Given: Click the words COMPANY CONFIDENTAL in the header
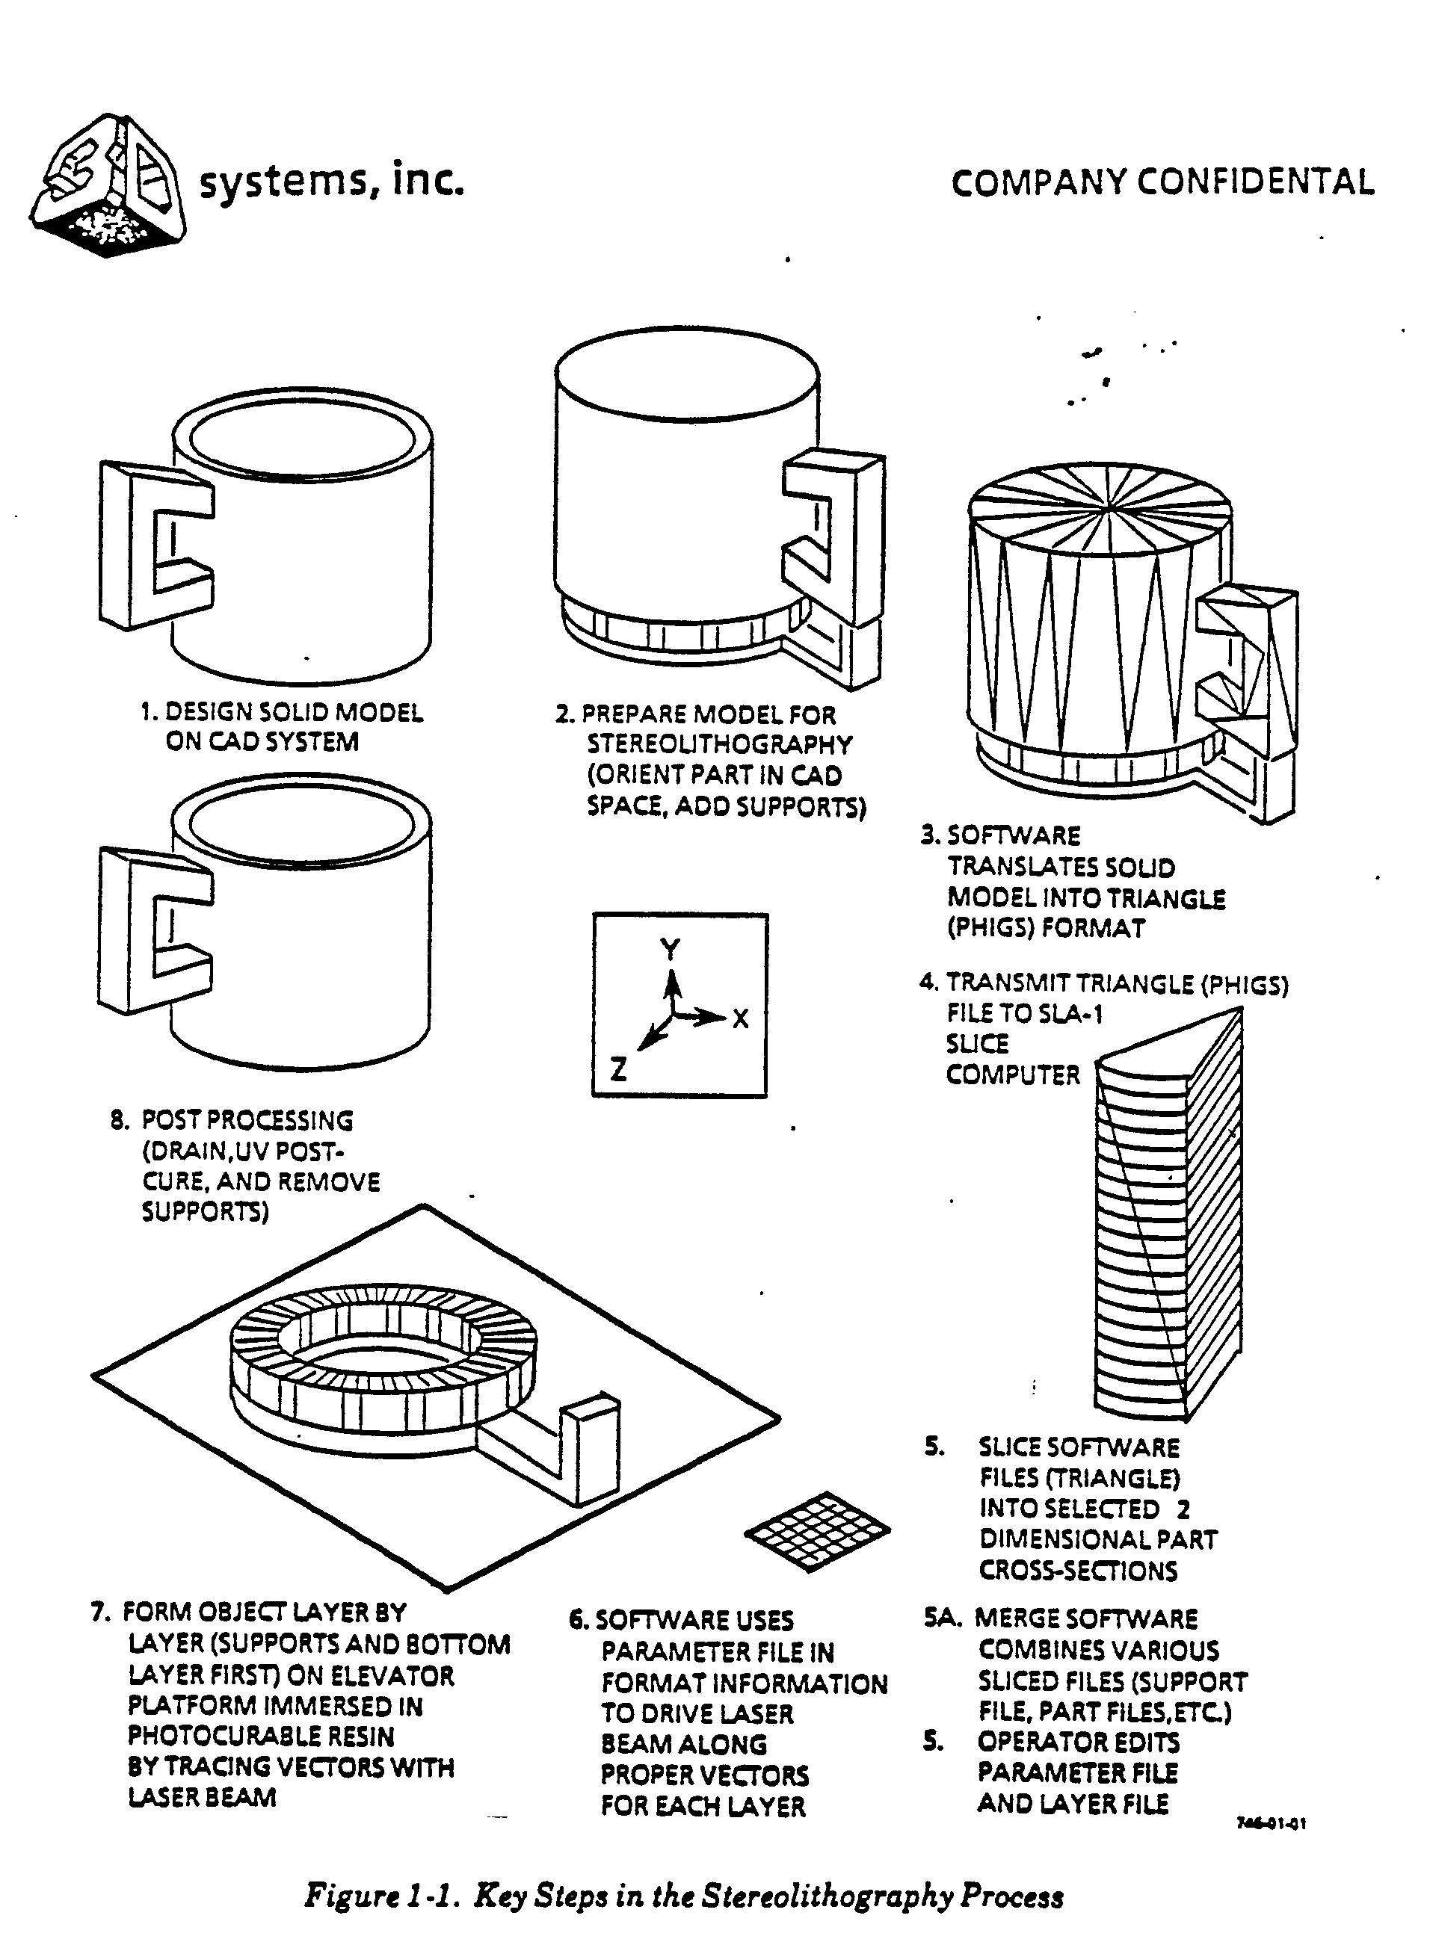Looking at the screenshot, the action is pyautogui.click(x=1162, y=182).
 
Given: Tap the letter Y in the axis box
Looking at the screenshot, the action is pyautogui.click(x=670, y=949).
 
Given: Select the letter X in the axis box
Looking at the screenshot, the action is pyautogui.click(x=740, y=1018).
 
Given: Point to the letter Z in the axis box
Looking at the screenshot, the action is pyautogui.click(x=618, y=1070).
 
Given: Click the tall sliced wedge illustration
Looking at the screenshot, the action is pyautogui.click(x=1169, y=1211).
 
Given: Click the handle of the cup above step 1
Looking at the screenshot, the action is pyautogui.click(x=155, y=544).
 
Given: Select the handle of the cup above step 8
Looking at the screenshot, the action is pyautogui.click(x=155, y=930).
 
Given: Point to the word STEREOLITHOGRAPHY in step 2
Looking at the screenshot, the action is pyautogui.click(x=719, y=744).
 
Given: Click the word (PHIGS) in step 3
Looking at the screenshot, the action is pyautogui.click(x=991, y=928).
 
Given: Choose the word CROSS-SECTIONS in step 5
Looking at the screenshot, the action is pyautogui.click(x=1079, y=1571).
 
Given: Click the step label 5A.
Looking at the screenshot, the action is pyautogui.click(x=942, y=1618).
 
